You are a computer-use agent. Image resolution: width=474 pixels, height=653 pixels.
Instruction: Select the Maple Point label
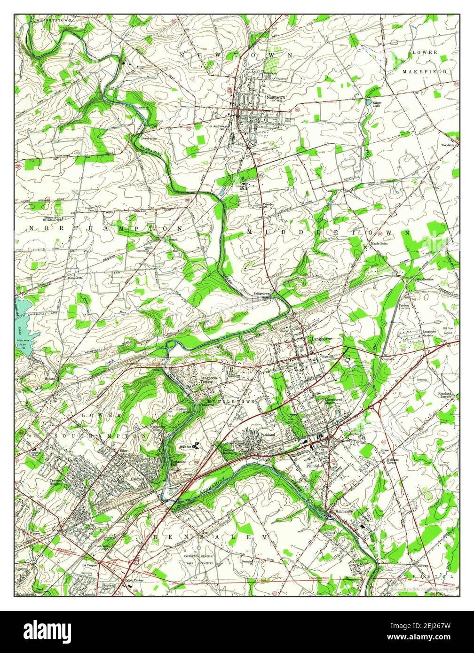(x=379, y=244)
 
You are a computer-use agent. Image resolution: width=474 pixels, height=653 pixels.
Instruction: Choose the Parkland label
(x=267, y=435)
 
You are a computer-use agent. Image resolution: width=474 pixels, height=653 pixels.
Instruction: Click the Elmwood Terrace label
(x=444, y=395)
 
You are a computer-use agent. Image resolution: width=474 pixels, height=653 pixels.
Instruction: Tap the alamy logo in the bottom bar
(x=48, y=630)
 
